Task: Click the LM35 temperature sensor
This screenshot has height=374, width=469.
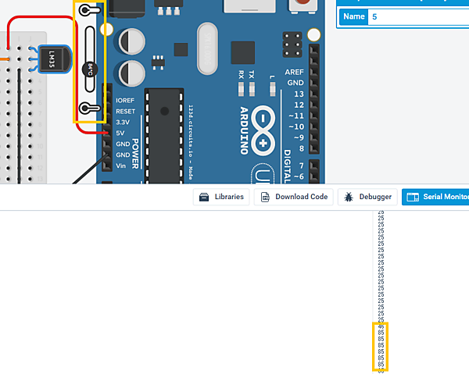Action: coord(52,59)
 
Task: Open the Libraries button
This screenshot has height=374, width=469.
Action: coord(223,197)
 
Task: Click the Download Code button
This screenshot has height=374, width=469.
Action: coord(295,197)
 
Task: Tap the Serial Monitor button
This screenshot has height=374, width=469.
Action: coord(436,198)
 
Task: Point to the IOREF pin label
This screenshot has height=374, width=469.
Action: coord(124,101)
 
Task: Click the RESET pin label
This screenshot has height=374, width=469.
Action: coord(125,112)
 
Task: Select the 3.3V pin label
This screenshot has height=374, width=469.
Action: coord(123,123)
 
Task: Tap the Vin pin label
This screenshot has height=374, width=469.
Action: coord(121,166)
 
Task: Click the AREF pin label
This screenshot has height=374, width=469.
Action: coord(295,71)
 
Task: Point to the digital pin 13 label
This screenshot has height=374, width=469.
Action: coord(298,94)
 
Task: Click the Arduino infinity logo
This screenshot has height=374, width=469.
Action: coord(263,131)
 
